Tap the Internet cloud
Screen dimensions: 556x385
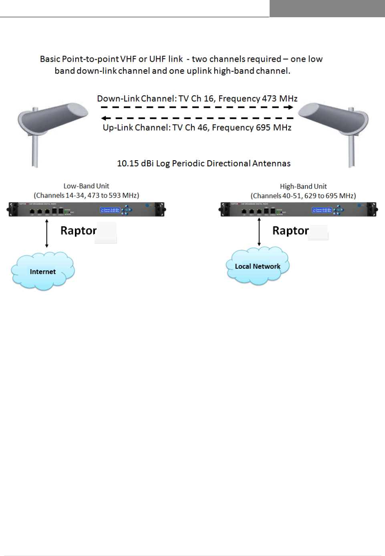(x=43, y=271)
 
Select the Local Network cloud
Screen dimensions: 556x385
(x=258, y=266)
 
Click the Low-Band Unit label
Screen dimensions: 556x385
(x=86, y=186)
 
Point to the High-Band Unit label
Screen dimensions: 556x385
(x=303, y=186)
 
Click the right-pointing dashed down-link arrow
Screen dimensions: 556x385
(x=197, y=107)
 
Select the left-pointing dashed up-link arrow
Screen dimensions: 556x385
(x=197, y=118)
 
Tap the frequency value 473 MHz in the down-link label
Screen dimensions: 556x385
(x=280, y=99)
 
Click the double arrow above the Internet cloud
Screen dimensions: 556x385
(x=47, y=233)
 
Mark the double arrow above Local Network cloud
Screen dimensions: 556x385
(x=259, y=232)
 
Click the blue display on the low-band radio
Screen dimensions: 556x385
(x=110, y=210)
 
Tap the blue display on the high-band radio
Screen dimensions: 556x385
(x=322, y=210)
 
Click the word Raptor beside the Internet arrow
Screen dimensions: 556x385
(x=79, y=231)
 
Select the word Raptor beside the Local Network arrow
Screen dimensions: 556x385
(x=290, y=231)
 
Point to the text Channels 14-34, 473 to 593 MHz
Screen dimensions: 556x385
(x=87, y=195)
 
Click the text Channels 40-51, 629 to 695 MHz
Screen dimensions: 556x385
(x=303, y=196)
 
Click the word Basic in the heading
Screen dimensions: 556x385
(x=50, y=59)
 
